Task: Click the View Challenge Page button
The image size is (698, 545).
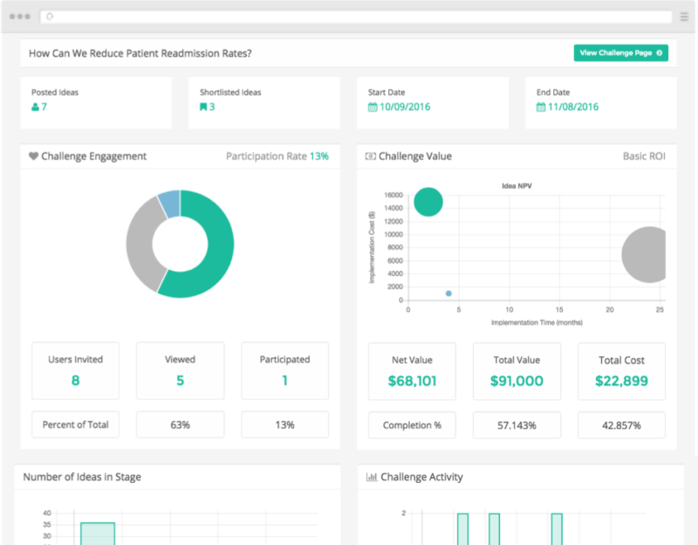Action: click(620, 53)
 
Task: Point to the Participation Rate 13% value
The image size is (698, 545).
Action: click(319, 156)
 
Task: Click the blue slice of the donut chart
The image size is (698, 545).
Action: click(169, 203)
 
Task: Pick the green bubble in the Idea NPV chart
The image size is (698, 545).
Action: click(428, 202)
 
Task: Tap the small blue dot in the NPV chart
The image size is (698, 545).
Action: click(448, 293)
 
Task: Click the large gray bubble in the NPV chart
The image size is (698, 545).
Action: click(646, 255)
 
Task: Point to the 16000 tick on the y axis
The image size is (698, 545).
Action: click(393, 196)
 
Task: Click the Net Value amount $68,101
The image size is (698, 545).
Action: click(412, 381)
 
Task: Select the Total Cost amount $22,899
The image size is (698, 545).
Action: click(621, 381)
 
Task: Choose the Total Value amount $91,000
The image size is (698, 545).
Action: click(517, 381)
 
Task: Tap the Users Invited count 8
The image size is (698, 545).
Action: click(76, 381)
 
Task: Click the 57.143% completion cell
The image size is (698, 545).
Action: click(517, 425)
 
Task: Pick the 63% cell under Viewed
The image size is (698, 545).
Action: click(180, 425)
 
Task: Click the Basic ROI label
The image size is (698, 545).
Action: click(644, 156)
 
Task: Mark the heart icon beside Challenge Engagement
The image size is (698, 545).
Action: click(33, 156)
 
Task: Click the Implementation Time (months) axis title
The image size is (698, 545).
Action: click(536, 322)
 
